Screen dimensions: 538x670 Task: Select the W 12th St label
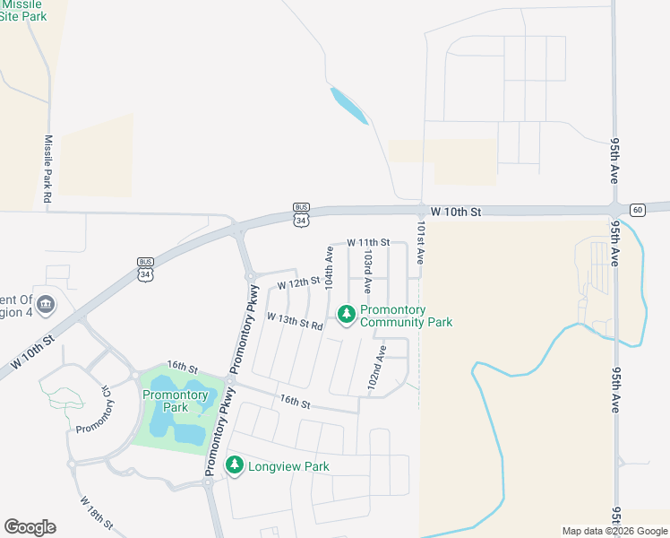click(298, 283)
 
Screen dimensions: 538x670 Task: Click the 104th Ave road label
click(330, 267)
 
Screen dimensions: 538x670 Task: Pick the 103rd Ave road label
click(367, 273)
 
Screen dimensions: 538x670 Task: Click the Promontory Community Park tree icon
click(346, 313)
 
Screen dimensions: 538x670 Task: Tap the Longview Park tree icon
click(235, 465)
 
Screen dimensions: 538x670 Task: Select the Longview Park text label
click(288, 466)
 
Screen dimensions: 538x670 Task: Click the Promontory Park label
click(176, 401)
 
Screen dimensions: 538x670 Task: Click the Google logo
click(30, 527)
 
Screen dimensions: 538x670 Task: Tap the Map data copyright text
click(614, 531)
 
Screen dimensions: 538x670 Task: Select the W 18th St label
click(96, 512)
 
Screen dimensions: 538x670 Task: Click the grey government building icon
click(46, 304)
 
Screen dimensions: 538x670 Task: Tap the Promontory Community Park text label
click(406, 317)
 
